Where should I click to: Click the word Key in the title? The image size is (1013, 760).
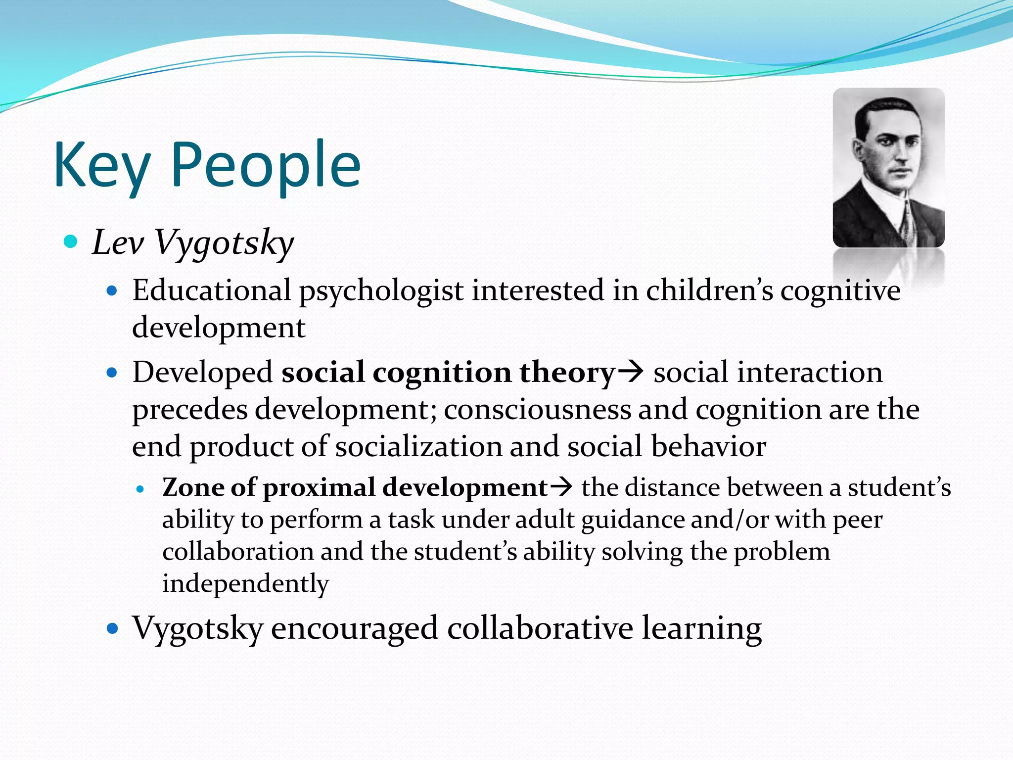[101, 166]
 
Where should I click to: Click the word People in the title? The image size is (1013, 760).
[266, 166]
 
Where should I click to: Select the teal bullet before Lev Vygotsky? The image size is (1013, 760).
[71, 241]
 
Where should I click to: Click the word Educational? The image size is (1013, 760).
[211, 290]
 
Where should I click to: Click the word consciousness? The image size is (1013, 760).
[537, 410]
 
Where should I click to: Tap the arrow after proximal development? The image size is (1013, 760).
[561, 487]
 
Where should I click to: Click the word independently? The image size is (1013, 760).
[245, 584]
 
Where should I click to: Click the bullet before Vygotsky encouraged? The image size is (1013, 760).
[113, 629]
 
